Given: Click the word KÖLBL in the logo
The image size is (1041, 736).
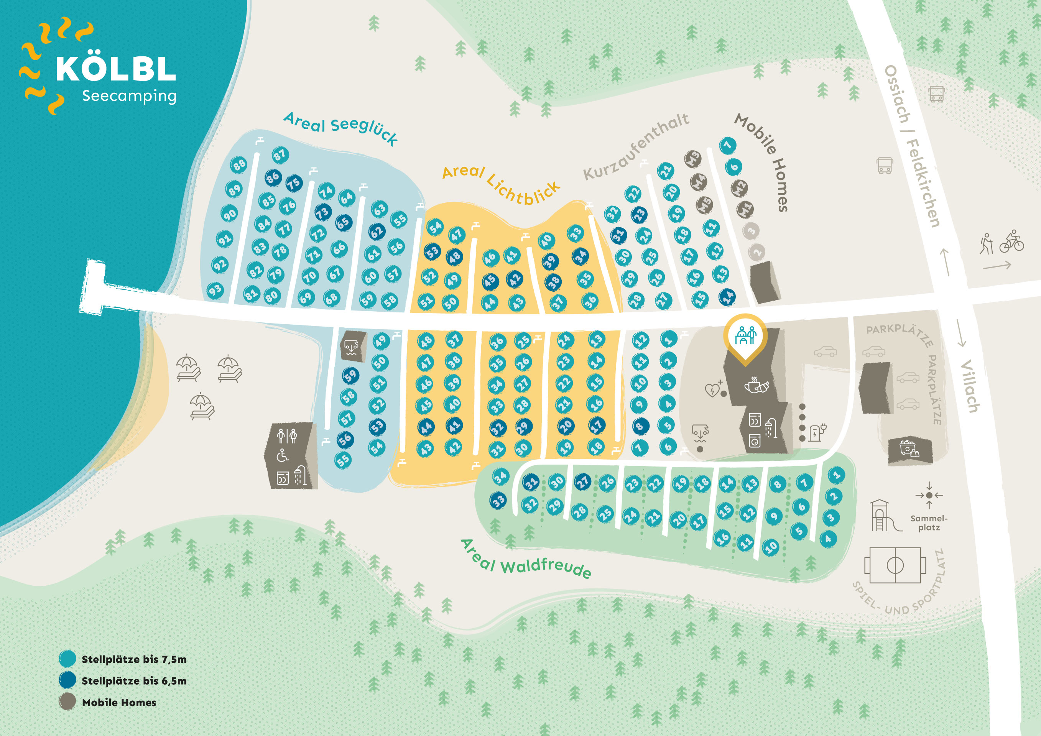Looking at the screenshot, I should [116, 69].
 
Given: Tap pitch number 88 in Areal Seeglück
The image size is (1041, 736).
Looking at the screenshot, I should [239, 164].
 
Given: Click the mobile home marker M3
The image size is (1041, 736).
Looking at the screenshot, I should [693, 159].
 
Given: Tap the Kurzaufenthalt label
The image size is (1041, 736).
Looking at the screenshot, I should [636, 146].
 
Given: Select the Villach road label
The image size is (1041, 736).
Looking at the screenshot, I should [970, 386].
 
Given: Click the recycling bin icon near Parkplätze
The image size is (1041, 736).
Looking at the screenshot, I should [909, 448].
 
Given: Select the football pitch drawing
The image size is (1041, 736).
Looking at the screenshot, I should [895, 565].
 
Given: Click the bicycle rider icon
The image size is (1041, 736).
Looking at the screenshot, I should [1012, 241].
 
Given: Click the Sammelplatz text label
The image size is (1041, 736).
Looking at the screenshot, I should [929, 522].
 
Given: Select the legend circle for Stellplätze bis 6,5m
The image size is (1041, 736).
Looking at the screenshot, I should [67, 680].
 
